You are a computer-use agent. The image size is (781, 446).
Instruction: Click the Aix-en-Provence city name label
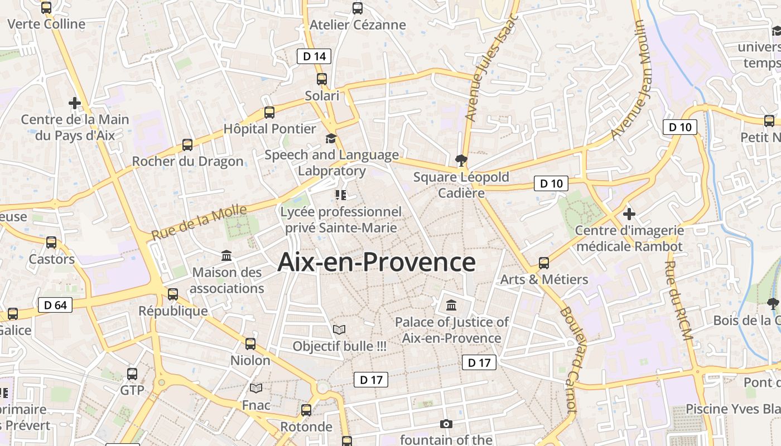(x=377, y=262)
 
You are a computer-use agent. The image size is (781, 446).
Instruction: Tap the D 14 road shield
(x=314, y=56)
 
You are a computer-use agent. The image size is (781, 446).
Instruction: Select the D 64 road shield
(x=55, y=305)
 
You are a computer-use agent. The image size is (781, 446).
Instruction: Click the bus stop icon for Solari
(x=322, y=79)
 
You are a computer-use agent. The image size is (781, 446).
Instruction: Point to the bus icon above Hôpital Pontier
(x=269, y=113)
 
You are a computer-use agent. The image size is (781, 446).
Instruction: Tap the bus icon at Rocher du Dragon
(x=187, y=145)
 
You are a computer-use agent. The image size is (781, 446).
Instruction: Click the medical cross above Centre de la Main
(x=74, y=103)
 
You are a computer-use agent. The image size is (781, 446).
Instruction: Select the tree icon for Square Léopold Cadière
(x=461, y=161)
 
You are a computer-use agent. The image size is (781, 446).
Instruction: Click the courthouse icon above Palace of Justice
(x=451, y=306)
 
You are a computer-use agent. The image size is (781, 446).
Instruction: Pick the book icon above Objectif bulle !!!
(x=339, y=329)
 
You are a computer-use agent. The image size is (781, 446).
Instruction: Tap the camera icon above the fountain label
(x=446, y=424)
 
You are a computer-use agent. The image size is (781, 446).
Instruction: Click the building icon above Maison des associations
(x=227, y=256)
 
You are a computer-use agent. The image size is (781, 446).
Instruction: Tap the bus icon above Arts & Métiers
(x=544, y=263)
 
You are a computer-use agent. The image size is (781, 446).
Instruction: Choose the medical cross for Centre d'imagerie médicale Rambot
(x=629, y=214)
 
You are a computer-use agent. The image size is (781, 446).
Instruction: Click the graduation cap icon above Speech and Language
(x=331, y=138)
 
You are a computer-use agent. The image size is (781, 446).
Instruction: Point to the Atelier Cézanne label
(x=358, y=25)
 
